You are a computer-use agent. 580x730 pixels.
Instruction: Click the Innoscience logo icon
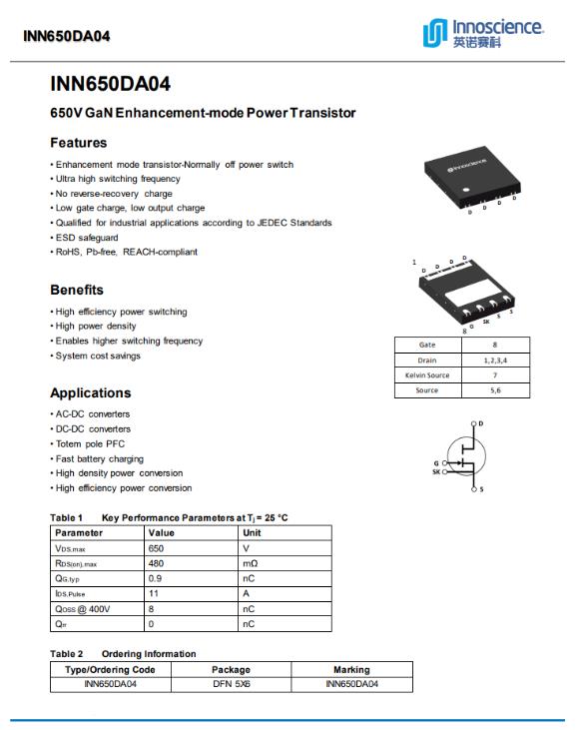tap(435, 33)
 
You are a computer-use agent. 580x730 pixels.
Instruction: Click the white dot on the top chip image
tap(465, 190)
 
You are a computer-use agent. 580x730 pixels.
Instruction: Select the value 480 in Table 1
tap(156, 563)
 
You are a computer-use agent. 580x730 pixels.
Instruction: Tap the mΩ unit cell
tap(250, 563)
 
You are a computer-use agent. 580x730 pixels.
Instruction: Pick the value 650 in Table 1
tap(156, 548)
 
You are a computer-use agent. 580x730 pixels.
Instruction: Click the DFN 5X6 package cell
tap(232, 684)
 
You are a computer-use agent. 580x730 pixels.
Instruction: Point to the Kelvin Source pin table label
tap(427, 375)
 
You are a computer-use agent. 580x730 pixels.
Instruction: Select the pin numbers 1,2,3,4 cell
tap(495, 361)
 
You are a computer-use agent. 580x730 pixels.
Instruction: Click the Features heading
tap(79, 143)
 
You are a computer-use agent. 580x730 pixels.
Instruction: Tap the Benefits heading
tap(77, 290)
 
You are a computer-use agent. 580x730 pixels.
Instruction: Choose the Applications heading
tap(91, 392)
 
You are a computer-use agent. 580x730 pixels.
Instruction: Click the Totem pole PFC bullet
tap(90, 443)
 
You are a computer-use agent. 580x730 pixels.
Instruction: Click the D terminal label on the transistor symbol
tap(481, 423)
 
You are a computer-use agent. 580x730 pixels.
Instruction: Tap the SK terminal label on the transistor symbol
tap(436, 471)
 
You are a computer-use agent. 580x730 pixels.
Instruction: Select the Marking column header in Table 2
tap(351, 669)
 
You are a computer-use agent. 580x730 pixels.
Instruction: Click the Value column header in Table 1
tap(161, 533)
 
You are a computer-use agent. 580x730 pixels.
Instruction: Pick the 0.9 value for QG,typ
tap(155, 578)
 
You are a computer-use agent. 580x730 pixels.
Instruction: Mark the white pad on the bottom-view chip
tap(468, 293)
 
